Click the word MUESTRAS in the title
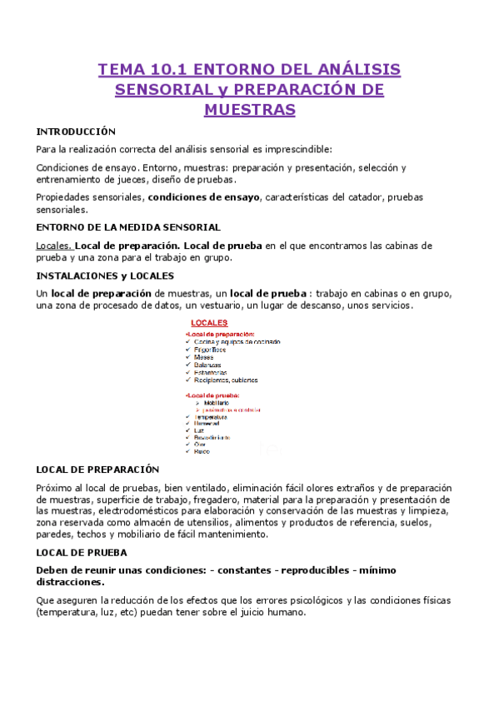click(x=249, y=110)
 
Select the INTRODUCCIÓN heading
click(x=76, y=132)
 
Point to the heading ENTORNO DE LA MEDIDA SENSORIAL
click(x=128, y=226)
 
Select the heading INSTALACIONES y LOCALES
click(x=105, y=275)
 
